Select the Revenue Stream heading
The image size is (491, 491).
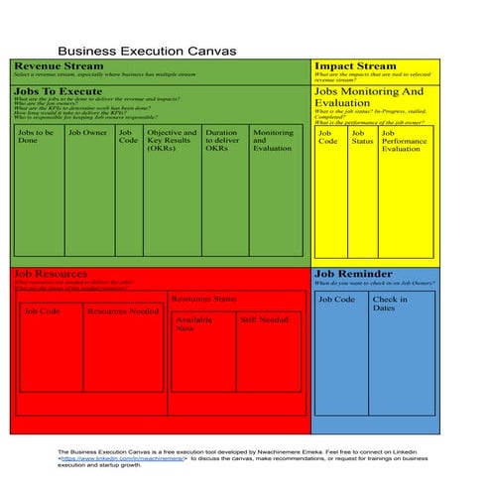(59, 65)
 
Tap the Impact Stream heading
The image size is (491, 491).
(355, 65)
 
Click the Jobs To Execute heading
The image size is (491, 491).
(58, 91)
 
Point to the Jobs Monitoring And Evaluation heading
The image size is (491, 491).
(368, 96)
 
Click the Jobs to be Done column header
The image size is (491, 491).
(35, 137)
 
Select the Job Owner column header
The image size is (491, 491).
(87, 132)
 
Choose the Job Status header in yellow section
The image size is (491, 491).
(362, 137)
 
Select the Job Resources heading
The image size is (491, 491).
(53, 273)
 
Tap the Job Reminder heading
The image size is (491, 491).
(352, 273)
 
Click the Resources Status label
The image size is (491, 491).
(203, 299)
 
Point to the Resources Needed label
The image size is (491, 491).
(122, 310)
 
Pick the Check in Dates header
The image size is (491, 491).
(390, 304)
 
